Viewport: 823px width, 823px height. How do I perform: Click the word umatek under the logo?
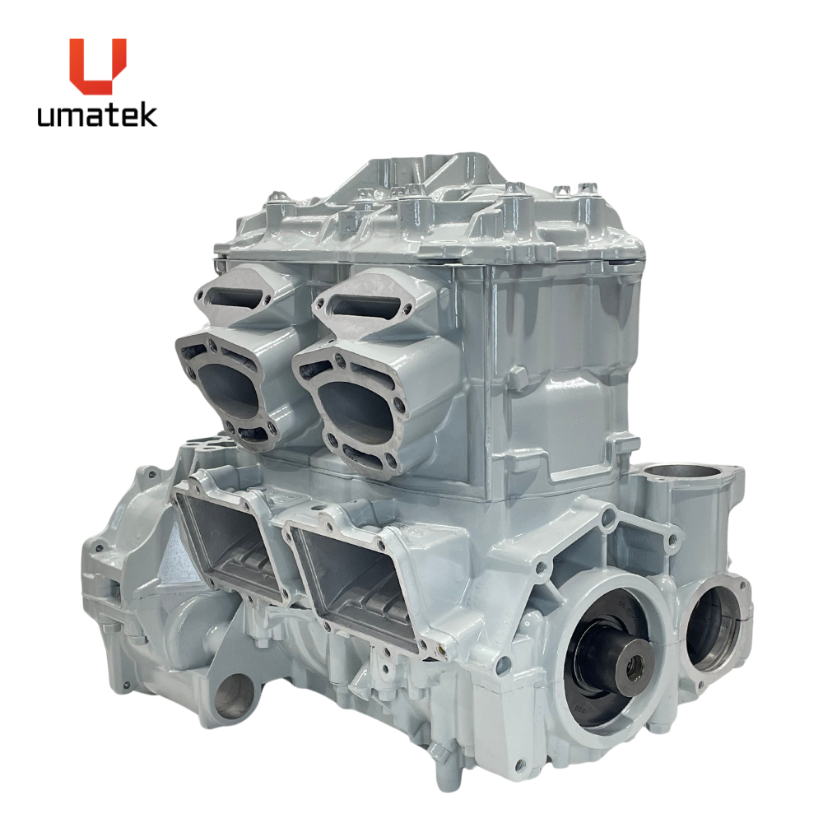pos(97,115)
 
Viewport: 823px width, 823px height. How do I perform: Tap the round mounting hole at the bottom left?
pos(234,697)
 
